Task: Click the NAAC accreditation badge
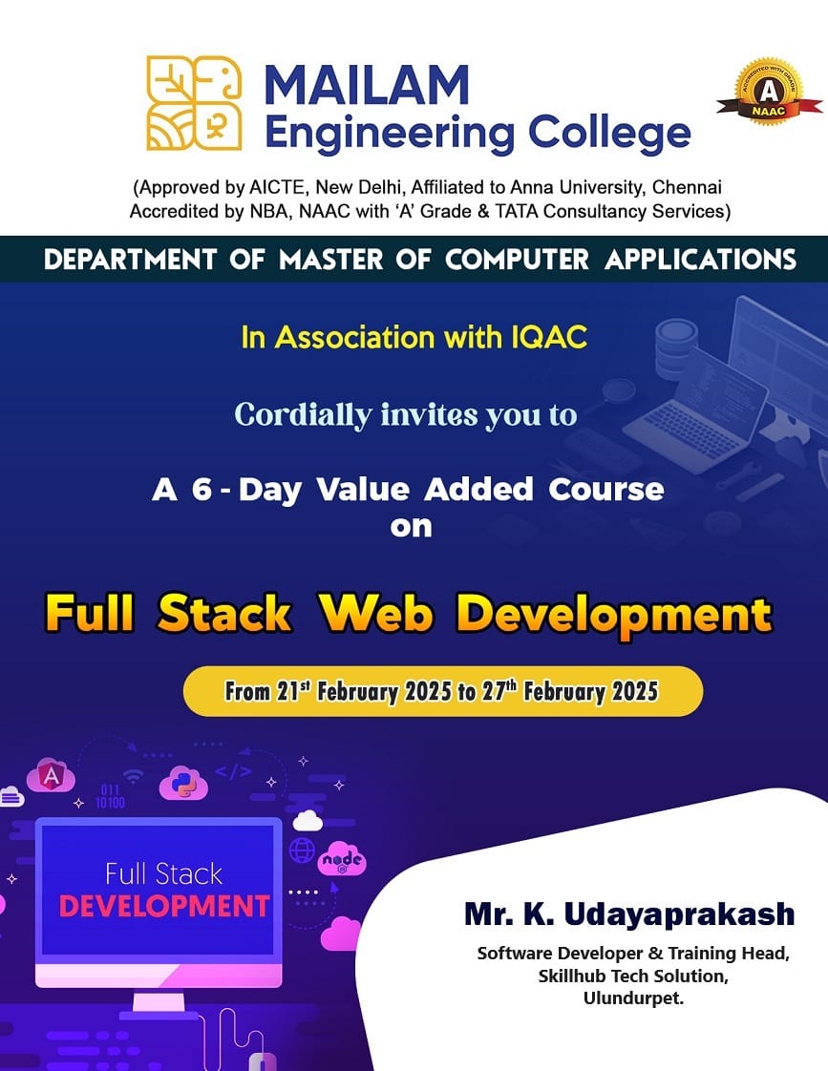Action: (x=769, y=92)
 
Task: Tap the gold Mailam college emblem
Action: (x=195, y=103)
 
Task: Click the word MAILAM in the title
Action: (x=367, y=86)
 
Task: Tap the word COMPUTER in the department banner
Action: (x=517, y=260)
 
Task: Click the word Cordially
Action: (x=304, y=415)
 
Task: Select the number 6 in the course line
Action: (x=202, y=489)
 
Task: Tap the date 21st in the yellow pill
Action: (x=288, y=691)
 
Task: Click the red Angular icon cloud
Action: (x=51, y=776)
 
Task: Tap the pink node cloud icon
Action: (x=342, y=860)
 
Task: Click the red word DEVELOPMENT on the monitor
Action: (x=164, y=907)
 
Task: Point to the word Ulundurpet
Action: (x=633, y=998)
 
